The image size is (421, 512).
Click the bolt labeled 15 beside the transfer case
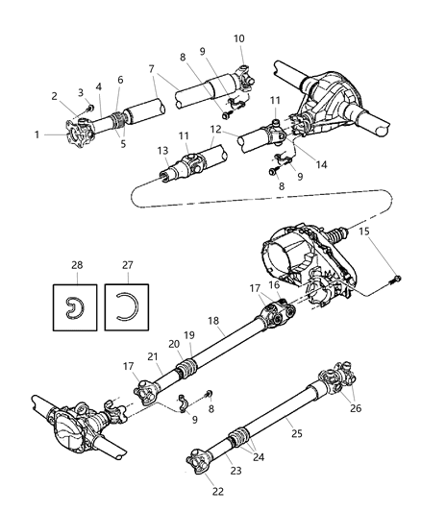click(394, 280)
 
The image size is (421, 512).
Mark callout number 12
click(218, 130)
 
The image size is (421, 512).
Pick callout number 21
click(154, 356)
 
